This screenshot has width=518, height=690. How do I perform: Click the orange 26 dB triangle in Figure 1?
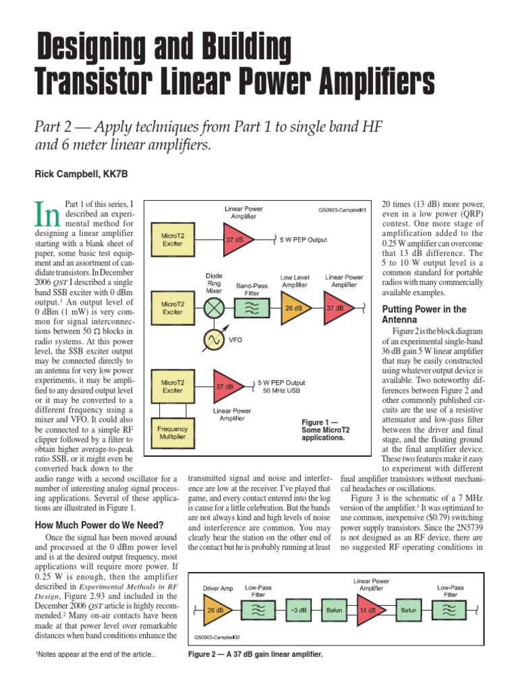294,308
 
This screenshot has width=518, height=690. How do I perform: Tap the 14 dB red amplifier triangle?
365,610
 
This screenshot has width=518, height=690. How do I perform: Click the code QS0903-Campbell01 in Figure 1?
342,210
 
